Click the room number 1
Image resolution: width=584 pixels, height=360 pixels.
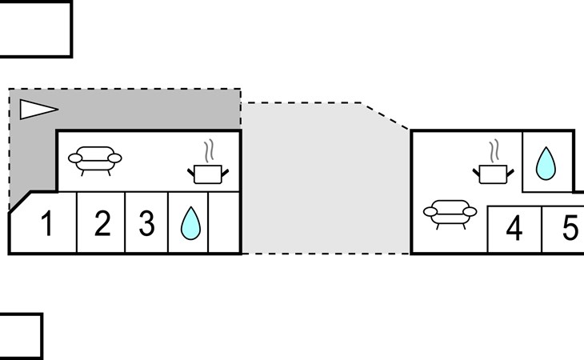pyautogui.click(x=47, y=223)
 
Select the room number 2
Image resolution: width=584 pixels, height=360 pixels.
pyautogui.click(x=102, y=223)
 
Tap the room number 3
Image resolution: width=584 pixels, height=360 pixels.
pyautogui.click(x=146, y=223)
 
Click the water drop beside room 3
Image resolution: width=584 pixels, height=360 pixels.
pyautogui.click(x=190, y=223)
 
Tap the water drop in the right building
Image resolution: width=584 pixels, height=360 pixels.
pyautogui.click(x=546, y=163)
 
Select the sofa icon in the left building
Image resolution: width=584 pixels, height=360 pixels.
pyautogui.click(x=95, y=161)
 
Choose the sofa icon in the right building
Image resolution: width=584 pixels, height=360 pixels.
pyautogui.click(x=450, y=214)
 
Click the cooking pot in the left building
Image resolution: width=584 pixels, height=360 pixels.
pyautogui.click(x=208, y=174)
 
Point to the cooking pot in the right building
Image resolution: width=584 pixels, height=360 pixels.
pyautogui.click(x=493, y=174)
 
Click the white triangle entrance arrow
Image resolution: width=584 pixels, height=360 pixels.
pyautogui.click(x=38, y=110)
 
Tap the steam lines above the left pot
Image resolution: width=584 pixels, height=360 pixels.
pyautogui.click(x=210, y=150)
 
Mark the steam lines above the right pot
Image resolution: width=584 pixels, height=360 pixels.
pyautogui.click(x=494, y=150)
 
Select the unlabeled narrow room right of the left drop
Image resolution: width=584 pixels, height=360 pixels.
pyautogui.click(x=223, y=222)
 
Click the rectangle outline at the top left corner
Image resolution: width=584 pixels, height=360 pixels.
pyautogui.click(x=71, y=29)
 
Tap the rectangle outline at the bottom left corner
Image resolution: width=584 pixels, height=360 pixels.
pyautogui.click(x=42, y=336)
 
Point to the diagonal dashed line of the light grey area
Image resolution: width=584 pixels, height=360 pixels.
pyautogui.click(x=386, y=116)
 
